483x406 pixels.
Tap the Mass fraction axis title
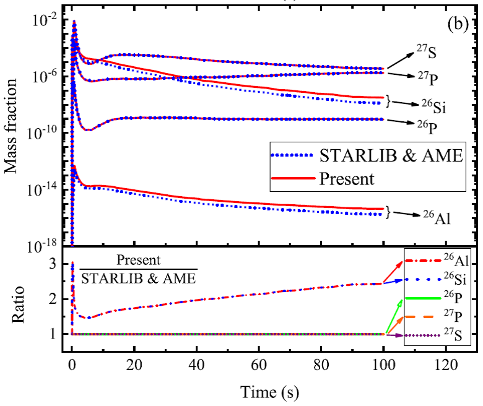(14, 124)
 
